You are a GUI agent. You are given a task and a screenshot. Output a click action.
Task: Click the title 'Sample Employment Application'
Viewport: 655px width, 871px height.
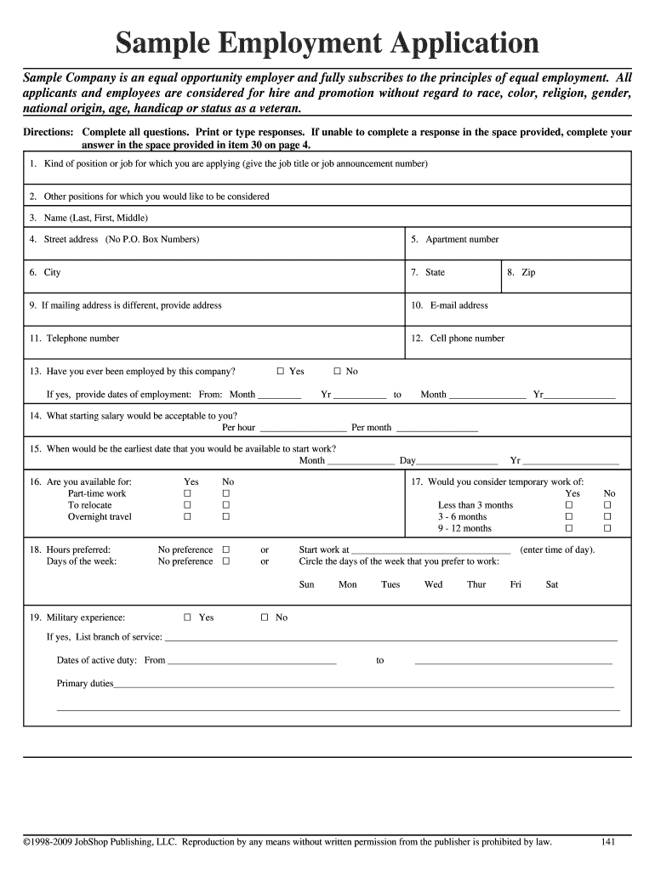coord(327,43)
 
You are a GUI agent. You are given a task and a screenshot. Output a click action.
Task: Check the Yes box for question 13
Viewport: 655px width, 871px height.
coord(281,372)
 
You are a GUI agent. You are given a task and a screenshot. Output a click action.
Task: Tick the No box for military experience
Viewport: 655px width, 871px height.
coord(265,618)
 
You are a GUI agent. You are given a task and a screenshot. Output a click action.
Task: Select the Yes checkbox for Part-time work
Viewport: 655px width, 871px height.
coord(188,493)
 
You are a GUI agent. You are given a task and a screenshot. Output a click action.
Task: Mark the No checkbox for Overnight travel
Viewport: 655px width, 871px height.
coord(226,517)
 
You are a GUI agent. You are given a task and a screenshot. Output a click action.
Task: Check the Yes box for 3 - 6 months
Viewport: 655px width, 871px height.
coord(570,517)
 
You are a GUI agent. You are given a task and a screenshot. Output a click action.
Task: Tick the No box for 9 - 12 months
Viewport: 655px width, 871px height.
coord(607,529)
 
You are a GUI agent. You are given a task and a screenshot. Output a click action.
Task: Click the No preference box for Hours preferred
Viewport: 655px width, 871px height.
coord(226,549)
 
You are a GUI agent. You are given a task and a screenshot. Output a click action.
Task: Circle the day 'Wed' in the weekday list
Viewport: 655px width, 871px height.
coord(433,584)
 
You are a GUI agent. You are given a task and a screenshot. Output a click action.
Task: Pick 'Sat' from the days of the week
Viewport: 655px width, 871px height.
coord(552,584)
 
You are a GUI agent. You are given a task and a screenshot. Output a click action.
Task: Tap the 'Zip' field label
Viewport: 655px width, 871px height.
coord(527,273)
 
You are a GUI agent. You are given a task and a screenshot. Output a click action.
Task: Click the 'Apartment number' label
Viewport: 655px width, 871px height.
coord(462,239)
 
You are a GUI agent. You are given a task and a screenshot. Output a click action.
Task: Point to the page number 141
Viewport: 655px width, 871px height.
coord(607,842)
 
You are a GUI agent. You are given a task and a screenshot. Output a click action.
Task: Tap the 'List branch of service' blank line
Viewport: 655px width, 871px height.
coord(390,639)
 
